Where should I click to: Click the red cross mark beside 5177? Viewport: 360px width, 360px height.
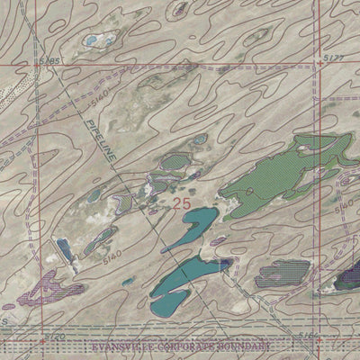coord(320,65)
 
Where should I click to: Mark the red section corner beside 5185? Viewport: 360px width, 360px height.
coord(37,65)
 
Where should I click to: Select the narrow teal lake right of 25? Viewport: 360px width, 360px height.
coord(191,229)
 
